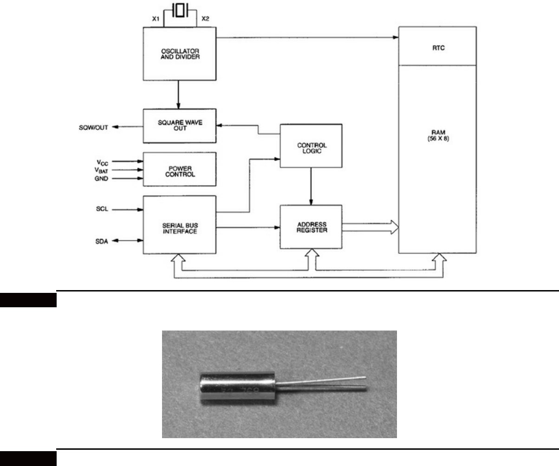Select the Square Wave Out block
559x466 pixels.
pos(180,125)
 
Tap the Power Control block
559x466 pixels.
pos(180,169)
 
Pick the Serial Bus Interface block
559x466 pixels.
pos(180,225)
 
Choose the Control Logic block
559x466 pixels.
pos(311,146)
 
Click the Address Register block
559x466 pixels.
pos(311,227)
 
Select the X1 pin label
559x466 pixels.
pos(156,19)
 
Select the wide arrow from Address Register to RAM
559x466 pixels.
pos(370,227)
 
